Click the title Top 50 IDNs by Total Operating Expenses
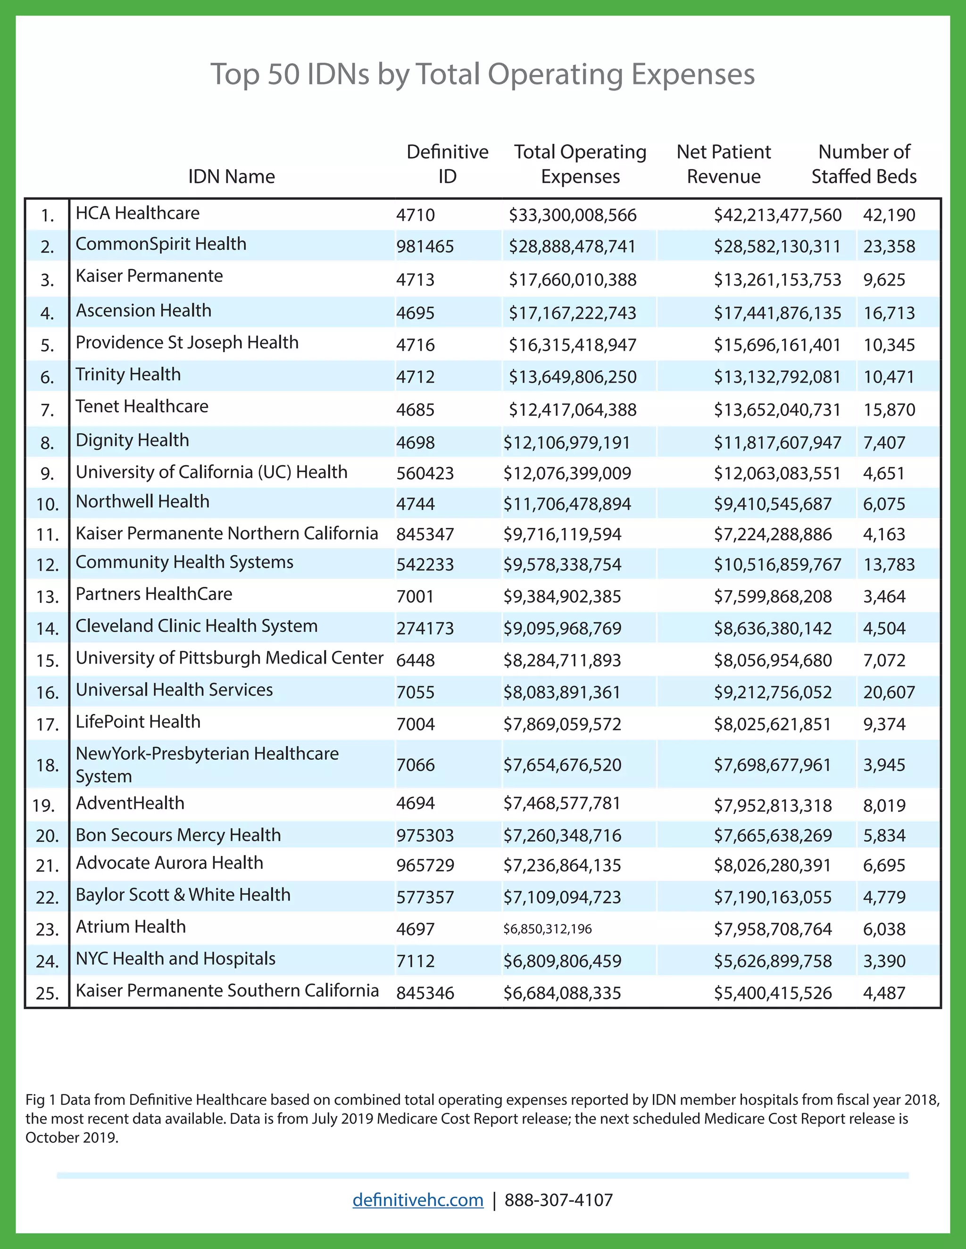(x=483, y=74)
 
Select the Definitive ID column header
(x=447, y=164)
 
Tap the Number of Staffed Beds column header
(x=864, y=164)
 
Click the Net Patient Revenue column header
(x=724, y=164)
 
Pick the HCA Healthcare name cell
(x=137, y=214)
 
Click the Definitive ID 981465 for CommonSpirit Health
(x=425, y=247)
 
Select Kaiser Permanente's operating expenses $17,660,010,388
(x=572, y=279)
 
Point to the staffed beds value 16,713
(x=889, y=313)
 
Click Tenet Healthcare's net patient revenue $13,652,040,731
(x=777, y=410)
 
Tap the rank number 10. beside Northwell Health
(x=48, y=504)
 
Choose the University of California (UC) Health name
(x=211, y=472)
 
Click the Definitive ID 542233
(x=425, y=565)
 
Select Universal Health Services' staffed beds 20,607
(x=889, y=692)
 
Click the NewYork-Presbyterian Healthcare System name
(x=207, y=764)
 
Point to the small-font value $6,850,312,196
(x=547, y=929)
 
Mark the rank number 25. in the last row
(x=48, y=994)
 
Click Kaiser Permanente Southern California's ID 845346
(x=425, y=993)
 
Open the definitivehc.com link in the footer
(x=418, y=1200)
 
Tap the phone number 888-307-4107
(x=558, y=1200)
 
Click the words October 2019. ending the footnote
(x=72, y=1137)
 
